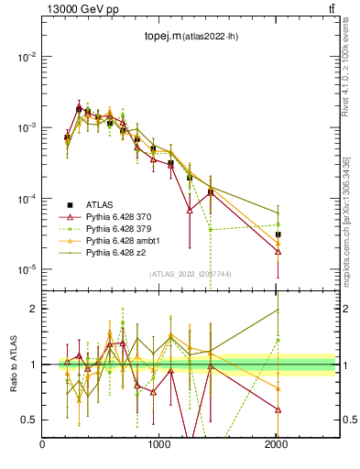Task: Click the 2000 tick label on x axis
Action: [277, 445]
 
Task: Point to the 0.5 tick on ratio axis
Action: [29, 420]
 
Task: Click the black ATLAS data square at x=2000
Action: [278, 234]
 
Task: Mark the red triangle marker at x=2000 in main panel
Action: [278, 251]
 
